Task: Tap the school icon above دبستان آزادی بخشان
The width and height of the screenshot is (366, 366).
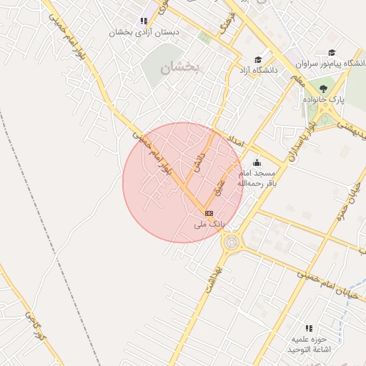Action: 144,21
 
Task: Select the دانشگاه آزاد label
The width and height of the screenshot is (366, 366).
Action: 257,71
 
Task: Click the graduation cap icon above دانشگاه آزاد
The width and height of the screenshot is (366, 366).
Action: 257,60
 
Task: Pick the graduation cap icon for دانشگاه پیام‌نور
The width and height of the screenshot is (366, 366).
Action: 332,52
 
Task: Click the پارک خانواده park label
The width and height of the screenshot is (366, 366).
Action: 323,100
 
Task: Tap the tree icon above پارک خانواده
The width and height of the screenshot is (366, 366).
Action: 324,89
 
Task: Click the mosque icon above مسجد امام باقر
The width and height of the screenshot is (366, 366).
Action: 257,164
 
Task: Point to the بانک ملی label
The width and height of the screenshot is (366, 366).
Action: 209,224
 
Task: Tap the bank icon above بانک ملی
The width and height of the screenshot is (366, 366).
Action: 209,213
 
